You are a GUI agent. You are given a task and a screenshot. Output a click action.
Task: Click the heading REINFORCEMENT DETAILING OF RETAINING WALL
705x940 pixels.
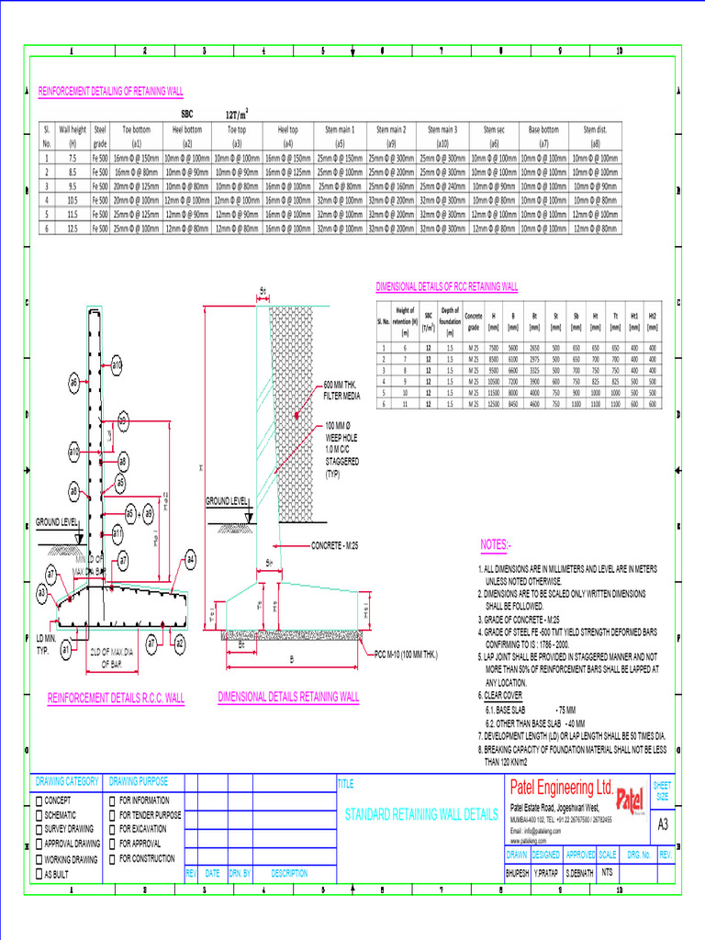(x=110, y=92)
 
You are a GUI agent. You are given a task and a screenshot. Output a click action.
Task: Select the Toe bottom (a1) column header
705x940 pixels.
(x=136, y=137)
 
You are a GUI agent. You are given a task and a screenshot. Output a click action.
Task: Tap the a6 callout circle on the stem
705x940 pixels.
(x=73, y=380)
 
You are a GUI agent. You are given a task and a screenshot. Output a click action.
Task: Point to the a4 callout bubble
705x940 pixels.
(x=190, y=559)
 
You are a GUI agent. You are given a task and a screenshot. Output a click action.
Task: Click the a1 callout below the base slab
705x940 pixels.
(x=66, y=649)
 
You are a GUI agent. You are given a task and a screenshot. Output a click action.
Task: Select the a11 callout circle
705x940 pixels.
(x=117, y=533)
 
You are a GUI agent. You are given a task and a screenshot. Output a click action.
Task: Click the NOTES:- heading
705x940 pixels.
(x=496, y=545)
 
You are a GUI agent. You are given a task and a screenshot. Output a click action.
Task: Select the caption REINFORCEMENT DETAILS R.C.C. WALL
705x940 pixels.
(x=116, y=699)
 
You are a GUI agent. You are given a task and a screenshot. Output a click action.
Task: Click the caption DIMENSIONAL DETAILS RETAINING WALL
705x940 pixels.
(x=288, y=697)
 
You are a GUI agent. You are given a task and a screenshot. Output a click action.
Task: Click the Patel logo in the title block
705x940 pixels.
(x=631, y=799)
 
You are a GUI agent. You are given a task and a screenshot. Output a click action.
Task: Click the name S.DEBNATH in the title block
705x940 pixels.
(x=579, y=873)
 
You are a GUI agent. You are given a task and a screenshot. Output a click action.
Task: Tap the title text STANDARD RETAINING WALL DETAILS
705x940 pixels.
(x=420, y=815)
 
